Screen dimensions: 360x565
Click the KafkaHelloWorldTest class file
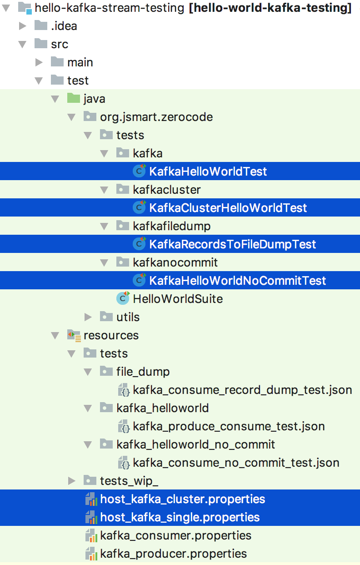tap(208, 172)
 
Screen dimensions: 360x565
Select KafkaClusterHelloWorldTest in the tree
tap(228, 208)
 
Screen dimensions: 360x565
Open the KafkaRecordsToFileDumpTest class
tap(232, 244)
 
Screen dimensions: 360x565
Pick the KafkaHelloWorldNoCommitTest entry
tap(237, 281)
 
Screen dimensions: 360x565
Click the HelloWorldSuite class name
tap(178, 299)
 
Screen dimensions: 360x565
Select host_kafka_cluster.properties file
tap(182, 499)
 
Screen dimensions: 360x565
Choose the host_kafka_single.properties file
tap(180, 517)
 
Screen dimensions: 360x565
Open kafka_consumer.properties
tap(175, 535)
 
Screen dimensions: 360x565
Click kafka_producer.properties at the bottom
tap(173, 554)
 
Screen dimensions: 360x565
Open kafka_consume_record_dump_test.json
tap(242, 390)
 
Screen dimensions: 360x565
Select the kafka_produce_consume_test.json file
tap(229, 426)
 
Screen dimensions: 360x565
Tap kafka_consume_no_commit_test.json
tap(236, 463)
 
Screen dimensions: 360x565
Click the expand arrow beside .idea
tap(23, 26)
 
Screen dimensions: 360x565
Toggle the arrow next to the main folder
tap(39, 62)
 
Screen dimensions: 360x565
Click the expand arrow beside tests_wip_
tap(72, 481)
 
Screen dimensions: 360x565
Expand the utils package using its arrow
tap(88, 317)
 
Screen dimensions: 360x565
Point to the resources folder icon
tap(74, 336)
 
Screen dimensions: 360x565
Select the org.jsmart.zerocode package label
tap(156, 117)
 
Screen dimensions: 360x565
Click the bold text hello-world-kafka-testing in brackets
tap(270, 8)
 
